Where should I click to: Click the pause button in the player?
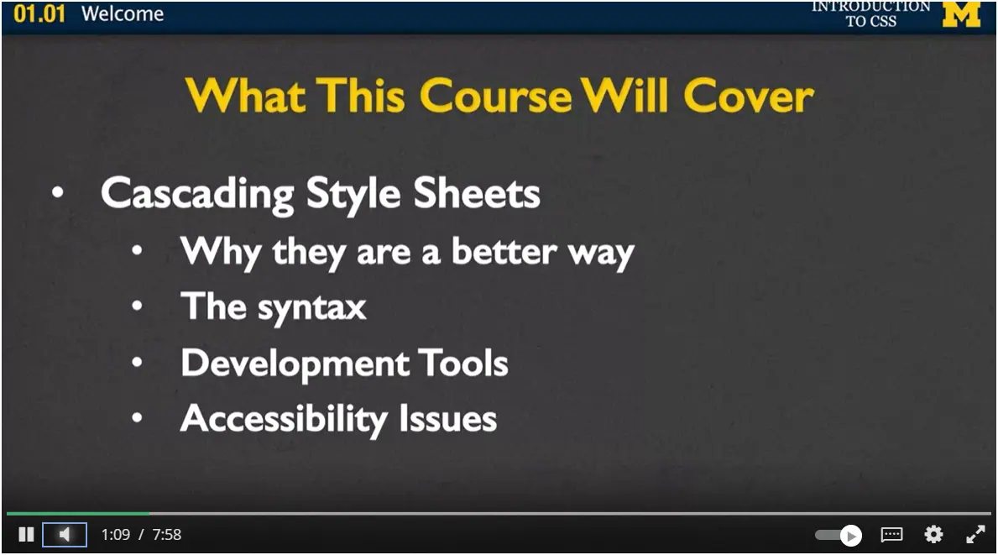point(26,535)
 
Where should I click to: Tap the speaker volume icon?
point(65,535)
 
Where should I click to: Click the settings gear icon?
point(933,535)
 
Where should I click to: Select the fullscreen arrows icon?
point(975,535)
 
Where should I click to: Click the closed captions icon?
point(891,535)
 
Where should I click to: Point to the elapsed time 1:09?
point(115,535)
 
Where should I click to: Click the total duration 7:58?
point(166,535)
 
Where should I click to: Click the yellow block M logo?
point(961,15)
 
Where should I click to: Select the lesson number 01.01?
point(39,14)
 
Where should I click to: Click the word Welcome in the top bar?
point(123,14)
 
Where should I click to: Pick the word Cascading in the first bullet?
point(197,194)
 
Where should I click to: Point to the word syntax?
point(311,308)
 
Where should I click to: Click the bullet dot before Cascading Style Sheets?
point(57,193)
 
